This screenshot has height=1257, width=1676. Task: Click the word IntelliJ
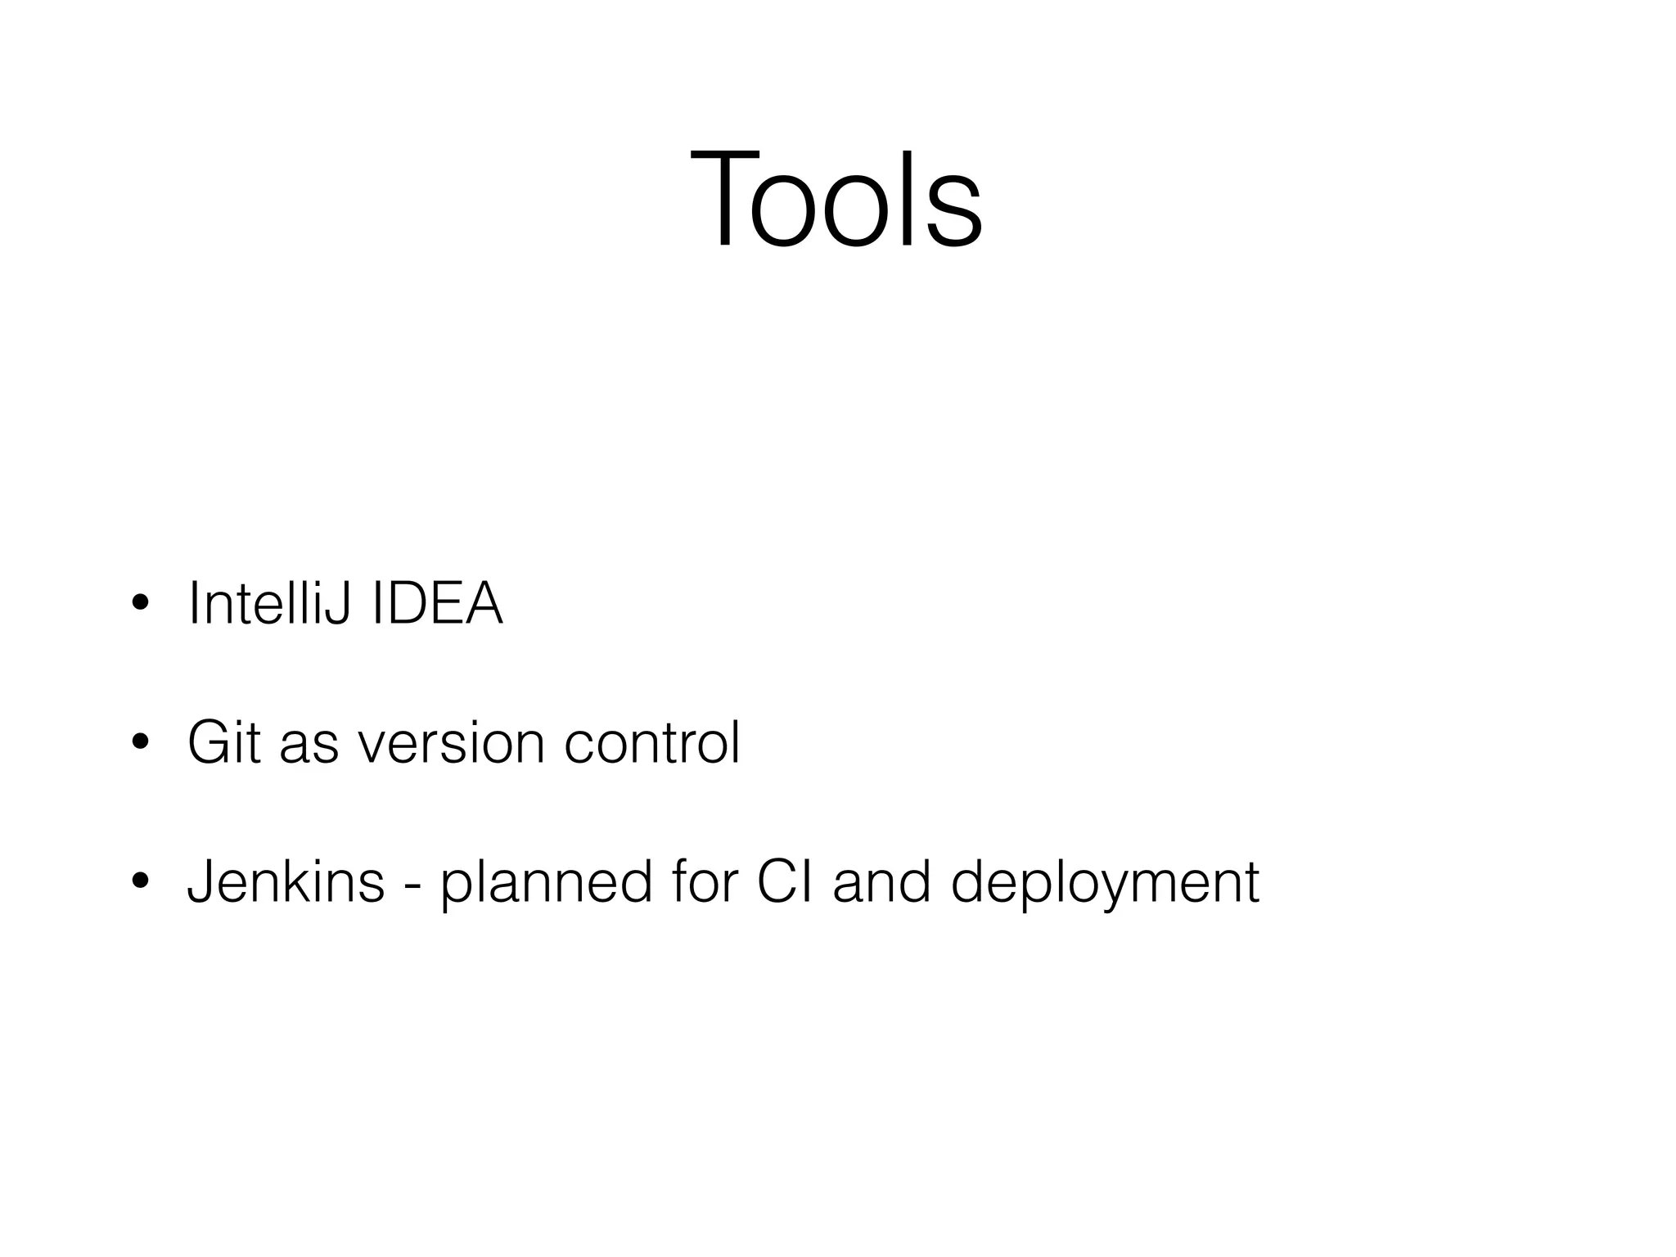270,604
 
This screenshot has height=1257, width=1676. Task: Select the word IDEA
437,604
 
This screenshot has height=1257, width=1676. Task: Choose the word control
652,742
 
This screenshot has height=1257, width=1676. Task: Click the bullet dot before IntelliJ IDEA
140,604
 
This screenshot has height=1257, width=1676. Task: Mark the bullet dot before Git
140,742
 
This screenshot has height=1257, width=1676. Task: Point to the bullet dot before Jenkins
140,881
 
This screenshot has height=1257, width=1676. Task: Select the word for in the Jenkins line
705,882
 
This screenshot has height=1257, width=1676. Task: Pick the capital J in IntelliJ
338,604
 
